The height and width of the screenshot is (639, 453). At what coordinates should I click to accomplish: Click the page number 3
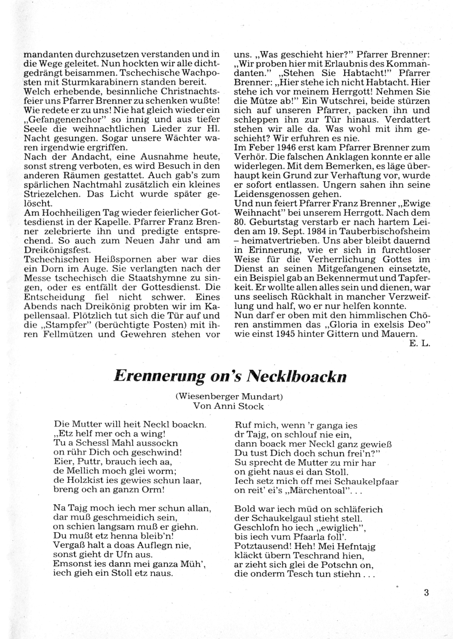tap(426, 593)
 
